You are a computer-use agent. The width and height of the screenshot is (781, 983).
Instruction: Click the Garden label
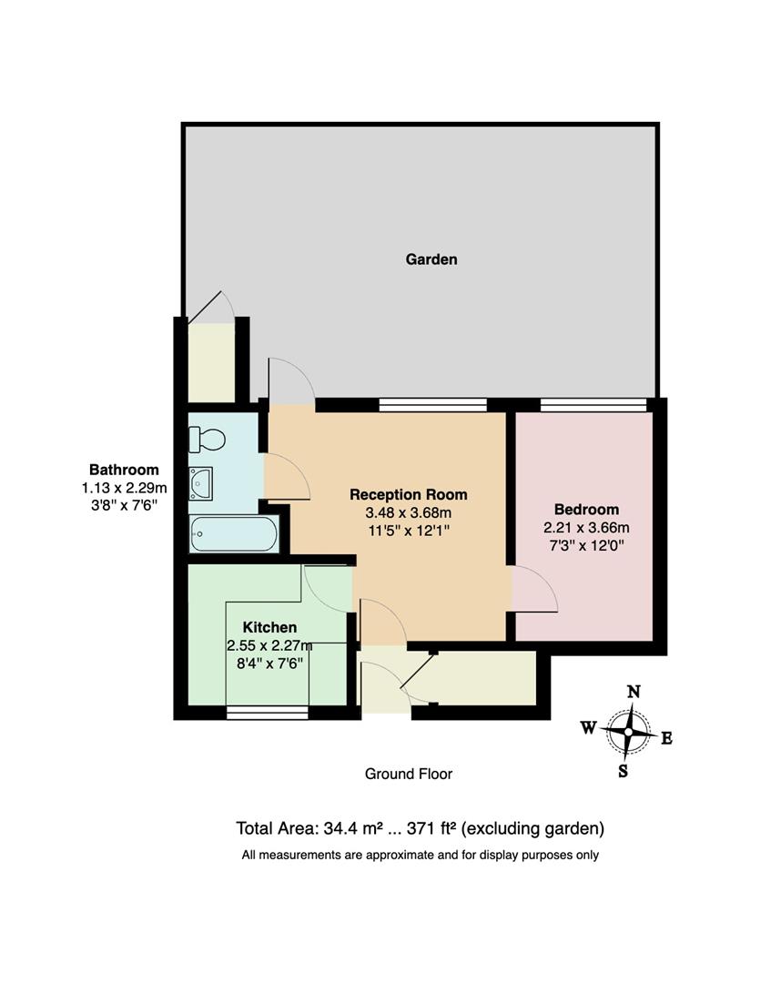[431, 259]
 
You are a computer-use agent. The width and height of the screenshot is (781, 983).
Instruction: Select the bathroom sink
[200, 482]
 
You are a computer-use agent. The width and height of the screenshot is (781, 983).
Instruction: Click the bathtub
[233, 534]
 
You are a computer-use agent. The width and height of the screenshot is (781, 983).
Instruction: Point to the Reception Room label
[409, 495]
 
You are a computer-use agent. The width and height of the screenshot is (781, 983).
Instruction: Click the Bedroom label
[586, 510]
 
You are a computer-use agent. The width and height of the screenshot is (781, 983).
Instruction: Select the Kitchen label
[269, 628]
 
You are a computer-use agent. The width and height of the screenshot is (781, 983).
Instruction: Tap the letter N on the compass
[634, 691]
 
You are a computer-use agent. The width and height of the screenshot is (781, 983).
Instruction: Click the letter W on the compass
[589, 727]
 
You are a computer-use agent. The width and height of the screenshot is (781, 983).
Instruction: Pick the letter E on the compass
[666, 738]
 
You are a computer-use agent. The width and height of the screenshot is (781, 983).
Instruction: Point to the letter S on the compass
[624, 771]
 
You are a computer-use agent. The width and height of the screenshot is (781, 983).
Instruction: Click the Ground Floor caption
[409, 775]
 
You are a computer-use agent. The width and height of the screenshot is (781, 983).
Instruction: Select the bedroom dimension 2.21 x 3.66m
[586, 527]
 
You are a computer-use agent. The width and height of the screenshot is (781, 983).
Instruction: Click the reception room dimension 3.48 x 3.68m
[409, 512]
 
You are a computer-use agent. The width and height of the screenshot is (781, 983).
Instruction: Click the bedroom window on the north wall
[593, 405]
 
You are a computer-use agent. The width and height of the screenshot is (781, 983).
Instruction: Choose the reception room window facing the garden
[432, 405]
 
